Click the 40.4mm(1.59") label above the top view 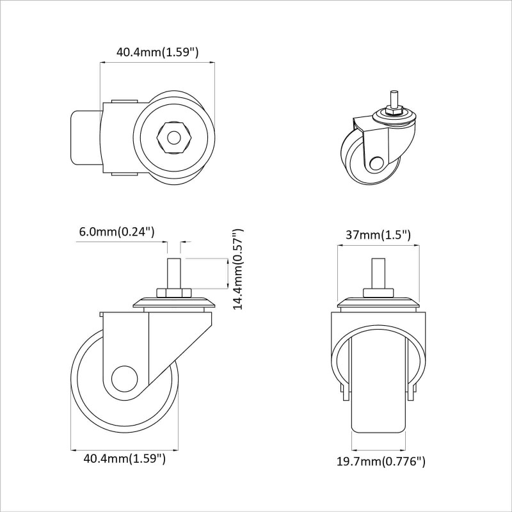157,52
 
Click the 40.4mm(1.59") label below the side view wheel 125,458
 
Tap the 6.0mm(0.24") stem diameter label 117,232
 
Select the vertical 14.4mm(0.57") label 238,269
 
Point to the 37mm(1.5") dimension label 378,234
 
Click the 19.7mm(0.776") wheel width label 381,461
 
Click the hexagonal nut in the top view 173,138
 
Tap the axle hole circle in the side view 124,379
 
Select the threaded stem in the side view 173,273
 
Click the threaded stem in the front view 378,273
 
